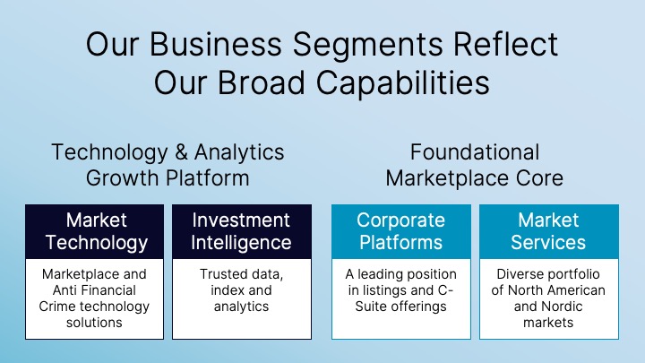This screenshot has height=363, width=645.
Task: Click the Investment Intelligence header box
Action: [242, 230]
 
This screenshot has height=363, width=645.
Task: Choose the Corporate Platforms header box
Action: [400, 230]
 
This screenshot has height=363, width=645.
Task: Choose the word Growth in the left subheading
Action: [117, 177]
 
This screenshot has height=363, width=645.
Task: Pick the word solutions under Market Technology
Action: [94, 323]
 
